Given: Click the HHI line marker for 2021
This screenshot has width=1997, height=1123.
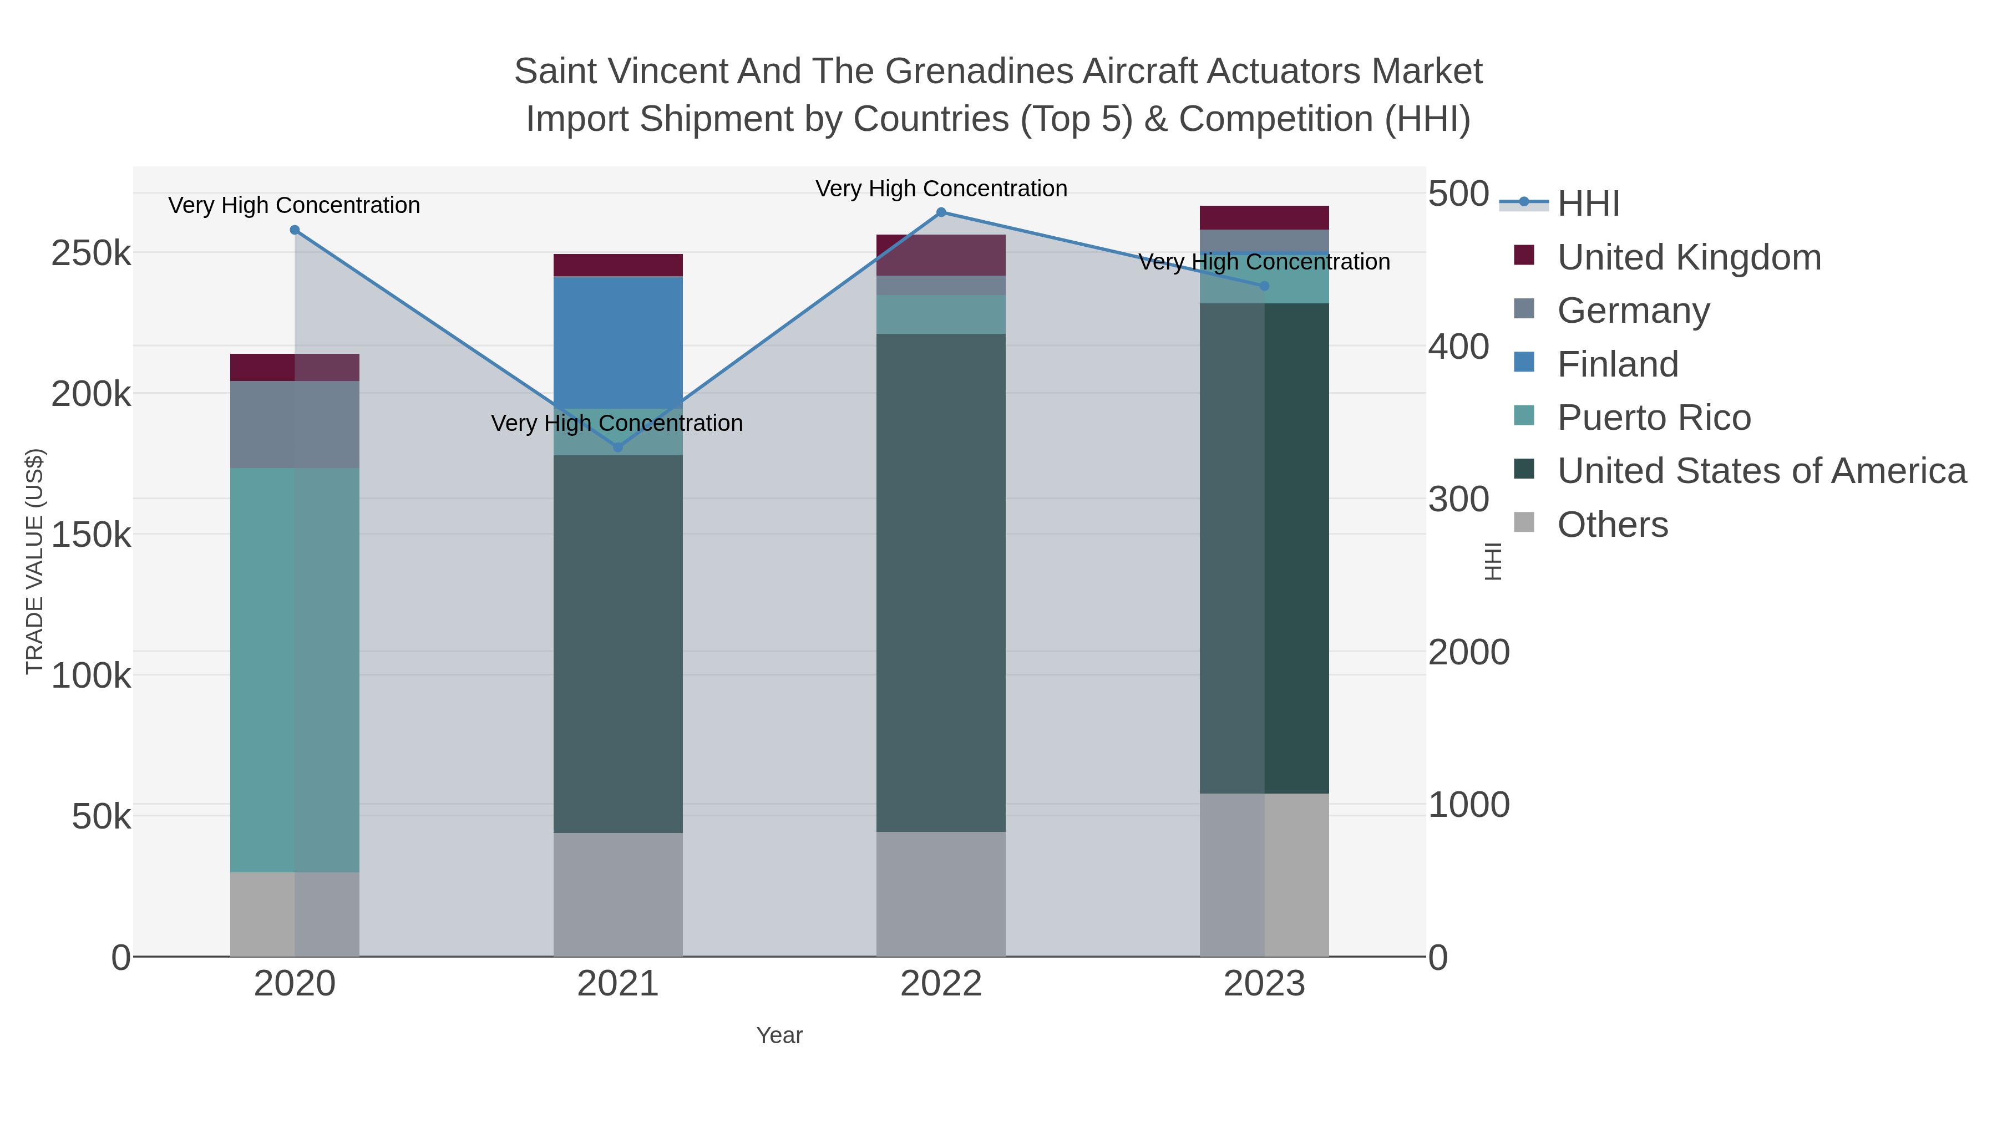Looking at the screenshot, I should pyautogui.click(x=618, y=447).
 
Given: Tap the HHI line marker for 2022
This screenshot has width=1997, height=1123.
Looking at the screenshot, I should pyautogui.click(x=941, y=212).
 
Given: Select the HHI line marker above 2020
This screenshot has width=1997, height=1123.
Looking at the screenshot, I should pyautogui.click(x=295, y=230).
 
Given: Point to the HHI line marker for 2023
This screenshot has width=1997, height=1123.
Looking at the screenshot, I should pyautogui.click(x=1264, y=286).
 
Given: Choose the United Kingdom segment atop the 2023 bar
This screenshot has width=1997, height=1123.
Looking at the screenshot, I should pyautogui.click(x=1264, y=218).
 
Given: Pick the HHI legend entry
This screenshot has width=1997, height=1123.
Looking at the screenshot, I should pyautogui.click(x=1588, y=204).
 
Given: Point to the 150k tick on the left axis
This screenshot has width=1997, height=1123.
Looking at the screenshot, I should pyautogui.click(x=91, y=535).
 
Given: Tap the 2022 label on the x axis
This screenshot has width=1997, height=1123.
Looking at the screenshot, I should pyautogui.click(x=941, y=984).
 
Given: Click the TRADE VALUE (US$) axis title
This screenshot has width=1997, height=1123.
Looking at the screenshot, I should pyautogui.click(x=35, y=561).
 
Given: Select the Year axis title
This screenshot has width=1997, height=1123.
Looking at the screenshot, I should pyautogui.click(x=779, y=1035).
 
